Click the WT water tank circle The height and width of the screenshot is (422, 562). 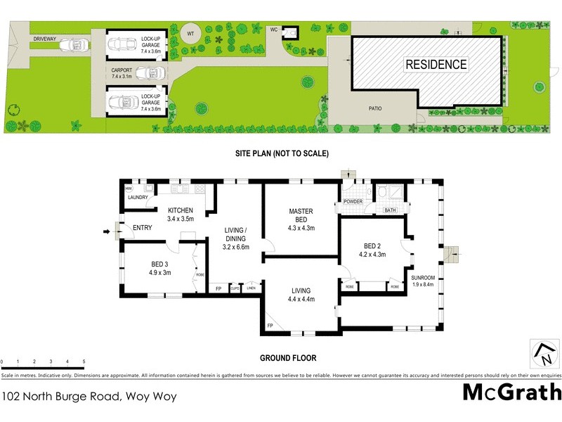(x=190, y=33)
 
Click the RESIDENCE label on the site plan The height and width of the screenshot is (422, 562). (x=436, y=65)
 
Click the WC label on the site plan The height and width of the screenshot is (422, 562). (x=275, y=30)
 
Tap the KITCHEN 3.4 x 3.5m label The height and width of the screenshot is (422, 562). (x=181, y=215)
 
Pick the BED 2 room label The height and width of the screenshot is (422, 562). (x=373, y=250)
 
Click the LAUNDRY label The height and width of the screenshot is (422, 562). (x=138, y=198)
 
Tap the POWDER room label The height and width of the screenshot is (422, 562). (x=353, y=201)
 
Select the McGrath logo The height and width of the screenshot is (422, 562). (x=512, y=391)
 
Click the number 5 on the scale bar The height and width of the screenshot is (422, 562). (x=84, y=362)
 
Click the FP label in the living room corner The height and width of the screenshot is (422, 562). (x=270, y=326)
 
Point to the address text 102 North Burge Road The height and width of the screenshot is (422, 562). (x=88, y=396)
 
